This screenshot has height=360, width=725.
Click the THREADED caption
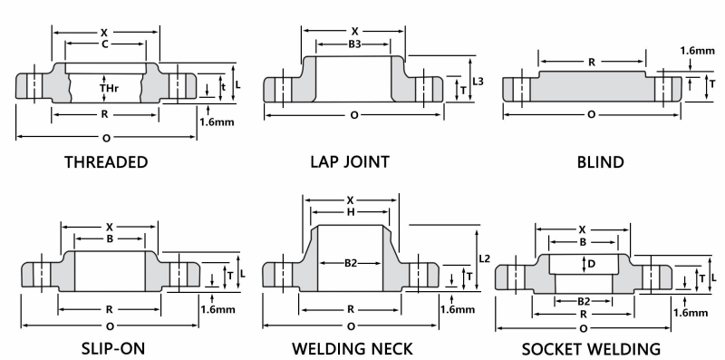point(106,162)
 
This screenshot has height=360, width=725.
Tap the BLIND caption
point(600,162)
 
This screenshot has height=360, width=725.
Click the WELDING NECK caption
point(352,348)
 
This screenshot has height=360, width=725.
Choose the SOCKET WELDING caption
point(591,348)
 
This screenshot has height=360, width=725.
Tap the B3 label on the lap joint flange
point(353,43)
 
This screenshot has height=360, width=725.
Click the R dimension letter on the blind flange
point(591,63)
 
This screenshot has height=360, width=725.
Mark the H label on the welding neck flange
point(351,211)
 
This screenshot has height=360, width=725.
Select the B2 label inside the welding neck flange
point(351,263)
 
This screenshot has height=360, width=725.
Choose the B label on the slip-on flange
point(109,239)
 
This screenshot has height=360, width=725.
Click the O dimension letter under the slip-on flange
point(110,324)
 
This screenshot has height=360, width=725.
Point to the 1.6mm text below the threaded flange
point(216,121)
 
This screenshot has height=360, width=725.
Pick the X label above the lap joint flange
point(354,30)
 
